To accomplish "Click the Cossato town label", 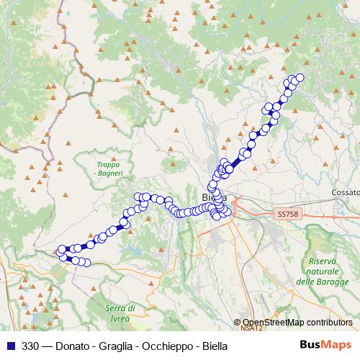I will click(343, 193).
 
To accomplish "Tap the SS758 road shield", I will click(287, 214).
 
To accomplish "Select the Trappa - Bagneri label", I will click(110, 169).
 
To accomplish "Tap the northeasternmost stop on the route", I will click(300, 78).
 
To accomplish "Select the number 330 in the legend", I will click(31, 346).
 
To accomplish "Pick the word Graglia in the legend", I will click(114, 346).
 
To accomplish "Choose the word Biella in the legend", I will click(213, 346).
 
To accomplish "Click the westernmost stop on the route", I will click(60, 251).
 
